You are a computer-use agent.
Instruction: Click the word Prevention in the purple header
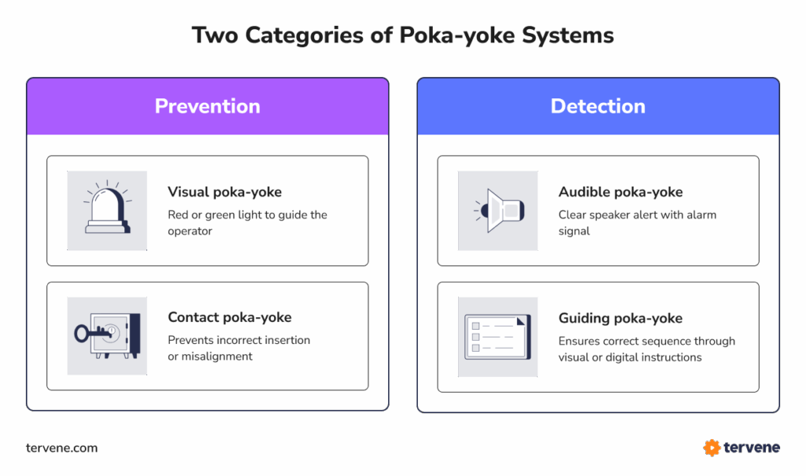point(207,106)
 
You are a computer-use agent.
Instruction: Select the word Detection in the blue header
point(597,106)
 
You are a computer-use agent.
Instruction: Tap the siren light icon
point(107,210)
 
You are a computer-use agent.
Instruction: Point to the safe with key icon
point(107,335)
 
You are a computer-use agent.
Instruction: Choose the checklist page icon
point(497,337)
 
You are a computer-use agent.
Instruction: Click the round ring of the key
point(81,334)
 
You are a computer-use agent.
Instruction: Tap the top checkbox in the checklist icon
point(475,326)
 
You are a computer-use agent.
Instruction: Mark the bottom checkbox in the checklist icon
point(475,348)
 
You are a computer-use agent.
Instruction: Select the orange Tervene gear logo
point(712,448)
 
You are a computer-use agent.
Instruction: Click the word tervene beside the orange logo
point(752,448)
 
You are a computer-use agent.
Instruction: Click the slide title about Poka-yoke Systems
point(402,36)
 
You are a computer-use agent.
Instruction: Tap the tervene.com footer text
point(62,448)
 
